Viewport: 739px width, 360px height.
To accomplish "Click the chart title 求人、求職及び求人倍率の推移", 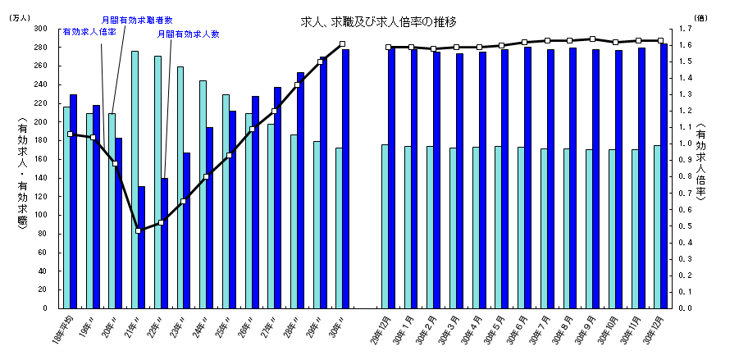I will [x=378, y=21].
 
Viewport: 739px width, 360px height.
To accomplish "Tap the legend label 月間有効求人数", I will [x=189, y=34].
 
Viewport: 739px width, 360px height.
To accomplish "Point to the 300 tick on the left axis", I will [x=39, y=28].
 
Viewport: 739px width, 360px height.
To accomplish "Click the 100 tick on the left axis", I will [x=39, y=215].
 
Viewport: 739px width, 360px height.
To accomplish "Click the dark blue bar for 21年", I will [x=141, y=247].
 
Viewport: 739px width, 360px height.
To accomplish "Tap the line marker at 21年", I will [x=138, y=230].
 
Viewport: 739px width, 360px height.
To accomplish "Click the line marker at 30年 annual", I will [x=342, y=44].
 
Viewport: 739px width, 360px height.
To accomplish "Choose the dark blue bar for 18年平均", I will [x=74, y=201].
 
